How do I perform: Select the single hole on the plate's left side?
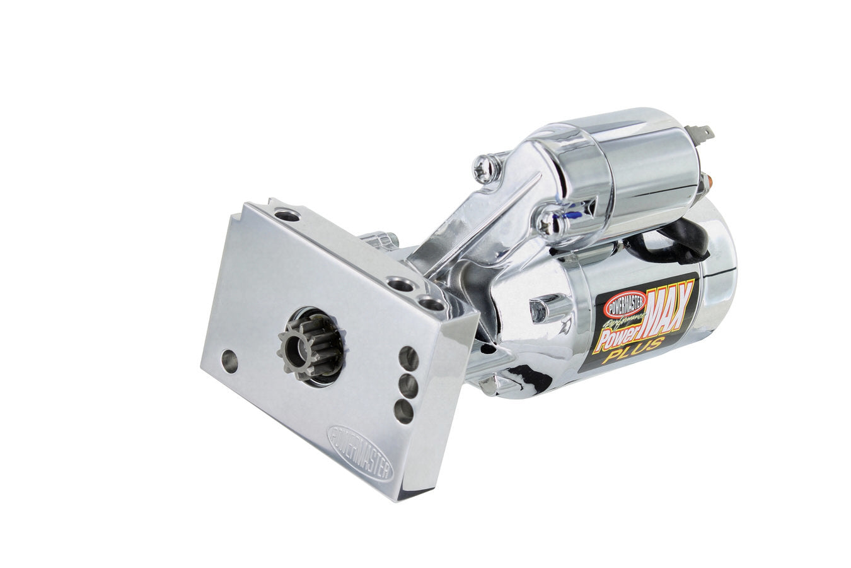[x=229, y=362]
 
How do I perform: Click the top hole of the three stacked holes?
[x=408, y=359]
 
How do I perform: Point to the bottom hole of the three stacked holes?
[x=403, y=411]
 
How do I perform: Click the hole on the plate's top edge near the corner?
[x=287, y=216]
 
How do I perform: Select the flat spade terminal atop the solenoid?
[x=705, y=134]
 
